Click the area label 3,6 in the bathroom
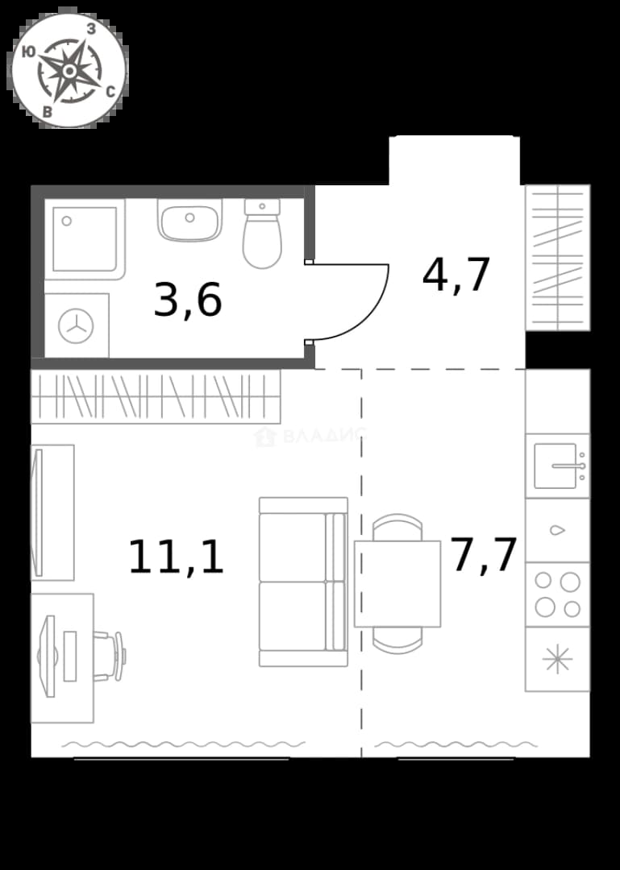(x=188, y=300)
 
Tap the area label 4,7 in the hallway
(x=456, y=275)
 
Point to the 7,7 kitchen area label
(x=484, y=554)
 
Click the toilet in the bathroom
(x=262, y=234)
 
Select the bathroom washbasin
(x=189, y=220)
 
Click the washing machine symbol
(x=77, y=325)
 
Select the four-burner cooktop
(x=557, y=594)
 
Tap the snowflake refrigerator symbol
(x=557, y=660)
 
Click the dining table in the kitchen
(x=397, y=584)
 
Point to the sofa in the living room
(x=303, y=582)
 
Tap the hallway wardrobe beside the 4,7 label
(x=558, y=258)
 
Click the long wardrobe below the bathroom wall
(x=156, y=396)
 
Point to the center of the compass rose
(x=69, y=70)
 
